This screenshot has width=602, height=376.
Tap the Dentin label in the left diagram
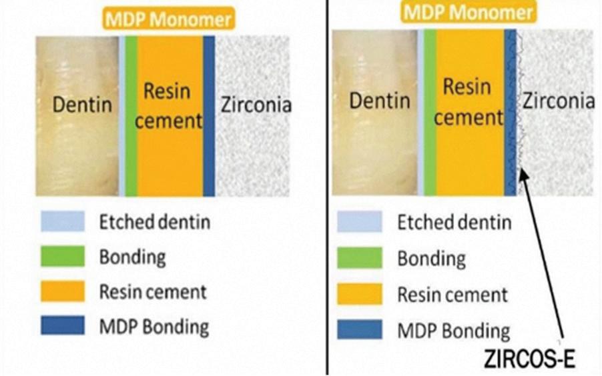click(x=83, y=105)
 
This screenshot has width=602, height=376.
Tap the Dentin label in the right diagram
click(x=380, y=101)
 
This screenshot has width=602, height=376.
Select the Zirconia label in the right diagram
click(x=559, y=101)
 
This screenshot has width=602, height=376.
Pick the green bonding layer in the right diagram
click(x=430, y=113)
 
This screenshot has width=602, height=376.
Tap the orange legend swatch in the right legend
click(x=359, y=294)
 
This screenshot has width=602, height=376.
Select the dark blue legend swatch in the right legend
click(x=359, y=329)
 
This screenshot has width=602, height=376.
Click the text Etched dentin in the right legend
click(x=455, y=223)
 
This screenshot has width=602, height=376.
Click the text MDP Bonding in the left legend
click(x=154, y=327)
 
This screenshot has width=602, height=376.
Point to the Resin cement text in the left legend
click(x=154, y=291)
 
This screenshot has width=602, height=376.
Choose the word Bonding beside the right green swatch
click(x=432, y=258)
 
